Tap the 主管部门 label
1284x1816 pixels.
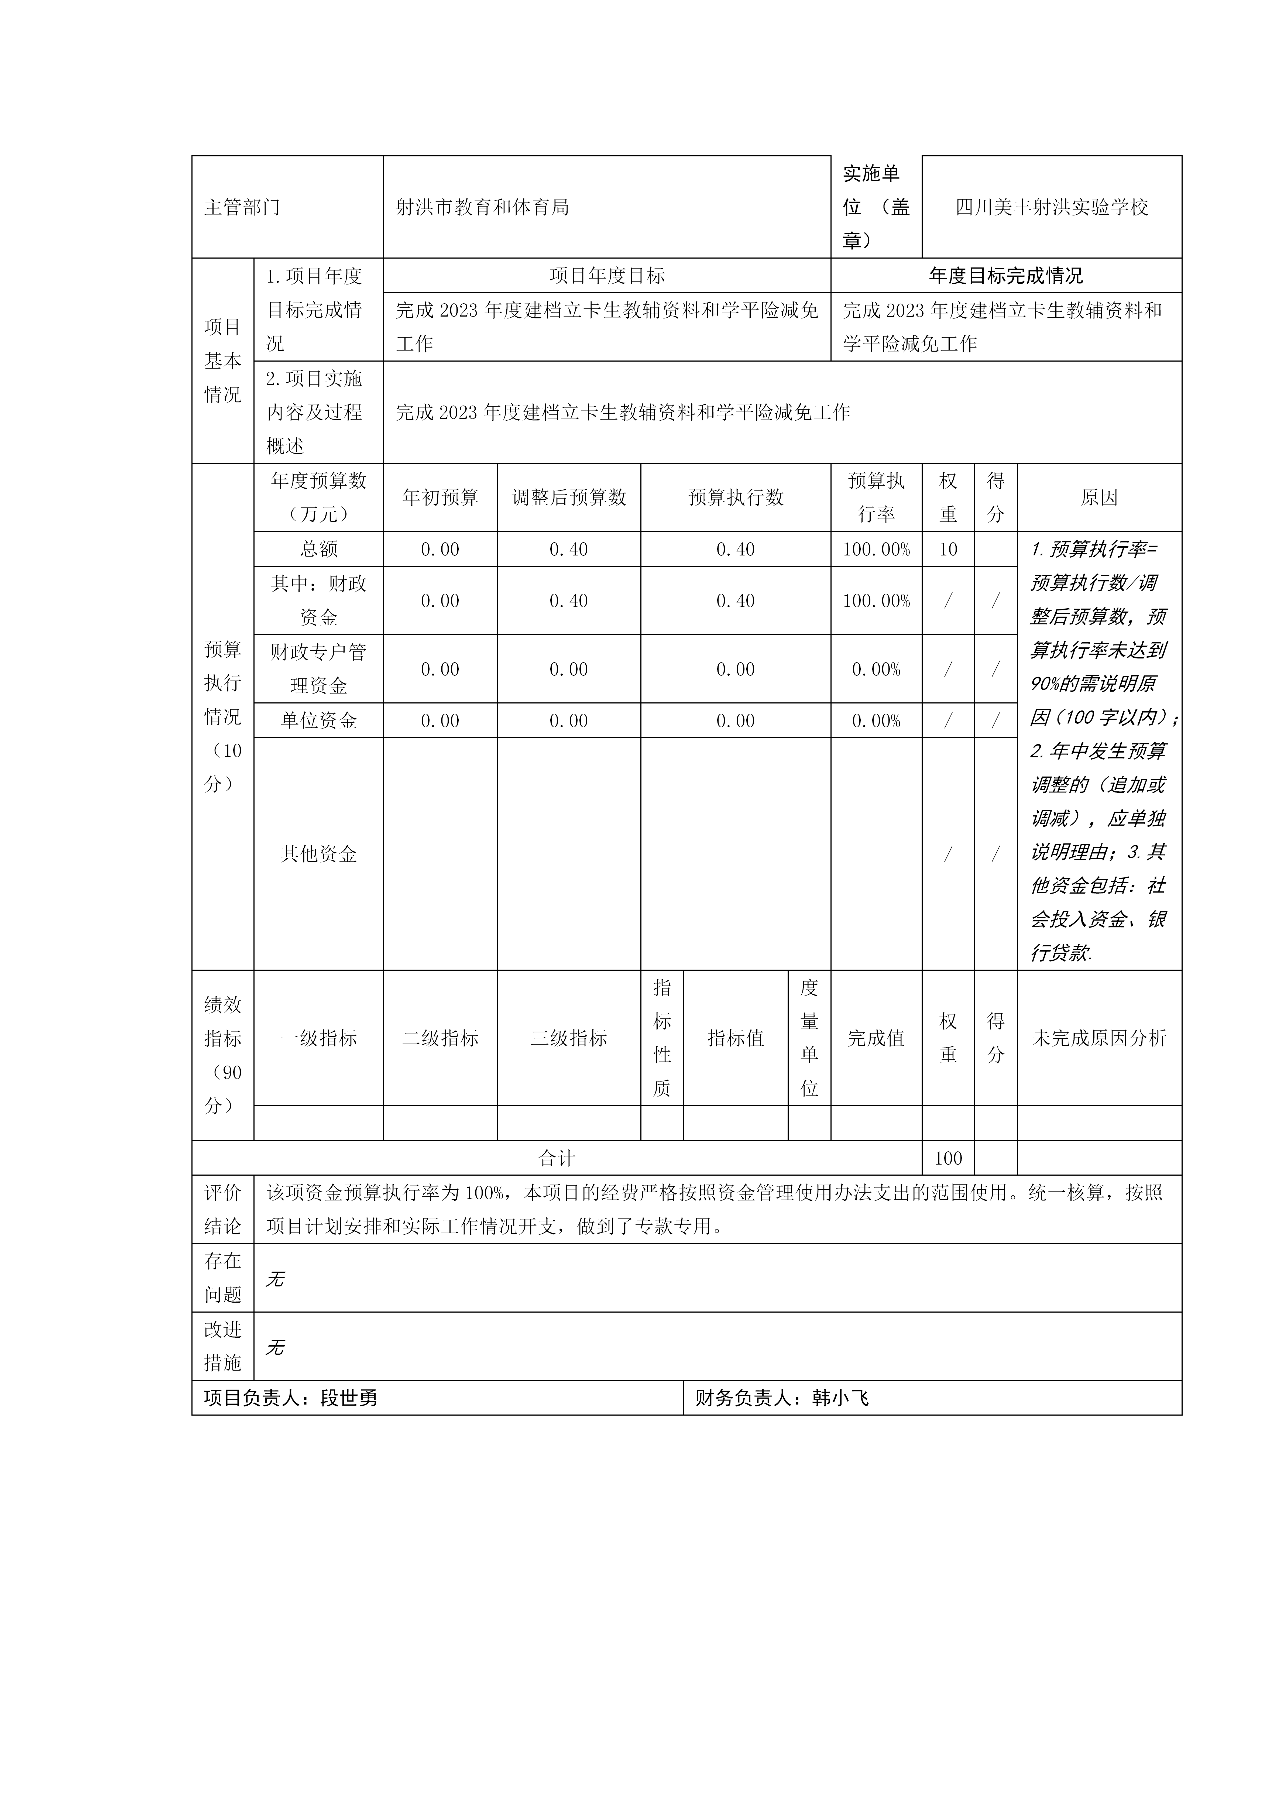click(242, 207)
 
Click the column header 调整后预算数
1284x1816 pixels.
click(569, 497)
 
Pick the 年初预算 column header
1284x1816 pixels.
click(440, 497)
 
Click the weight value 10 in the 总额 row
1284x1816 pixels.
click(948, 549)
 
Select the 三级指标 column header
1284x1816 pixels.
click(569, 1038)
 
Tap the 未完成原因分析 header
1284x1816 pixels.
click(1099, 1038)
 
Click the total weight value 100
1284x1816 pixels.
click(948, 1159)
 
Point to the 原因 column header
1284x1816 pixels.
click(1099, 497)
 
